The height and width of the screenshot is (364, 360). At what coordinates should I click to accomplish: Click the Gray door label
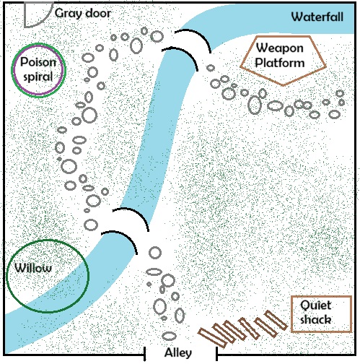83,14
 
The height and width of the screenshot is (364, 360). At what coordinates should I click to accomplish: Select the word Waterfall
317,17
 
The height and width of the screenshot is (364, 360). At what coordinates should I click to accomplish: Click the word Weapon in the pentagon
280,48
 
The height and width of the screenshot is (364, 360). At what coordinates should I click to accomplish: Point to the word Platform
280,63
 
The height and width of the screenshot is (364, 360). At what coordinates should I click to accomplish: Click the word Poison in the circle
38,62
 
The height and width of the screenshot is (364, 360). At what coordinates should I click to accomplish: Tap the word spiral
38,77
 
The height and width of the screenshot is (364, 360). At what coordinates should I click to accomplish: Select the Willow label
33,268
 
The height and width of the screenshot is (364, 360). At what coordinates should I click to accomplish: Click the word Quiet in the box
316,305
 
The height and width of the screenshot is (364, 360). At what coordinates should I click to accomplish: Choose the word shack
316,320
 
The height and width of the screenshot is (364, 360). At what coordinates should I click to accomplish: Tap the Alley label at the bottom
178,353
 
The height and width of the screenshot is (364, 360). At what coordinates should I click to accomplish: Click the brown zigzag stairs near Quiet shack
242,329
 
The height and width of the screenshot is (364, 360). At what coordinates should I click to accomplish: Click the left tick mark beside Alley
144,354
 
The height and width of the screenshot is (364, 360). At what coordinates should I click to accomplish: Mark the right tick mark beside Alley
216,354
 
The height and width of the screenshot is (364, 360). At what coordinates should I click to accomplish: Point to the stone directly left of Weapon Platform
211,68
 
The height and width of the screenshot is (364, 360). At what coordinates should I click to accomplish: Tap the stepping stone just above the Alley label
170,336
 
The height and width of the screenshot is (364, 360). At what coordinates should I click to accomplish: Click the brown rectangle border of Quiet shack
321,296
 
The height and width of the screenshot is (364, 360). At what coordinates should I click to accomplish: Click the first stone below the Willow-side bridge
155,253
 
